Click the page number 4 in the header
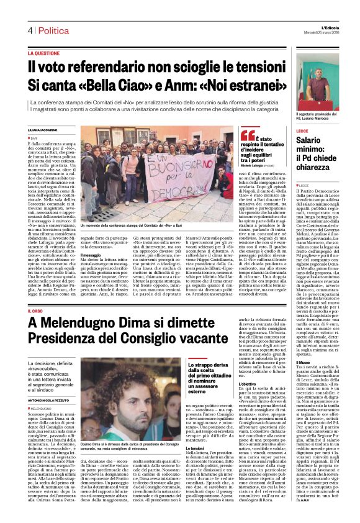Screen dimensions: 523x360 pos(29,30)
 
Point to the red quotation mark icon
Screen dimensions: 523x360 pos(247,135)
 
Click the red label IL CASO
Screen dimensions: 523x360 pos(37,310)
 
